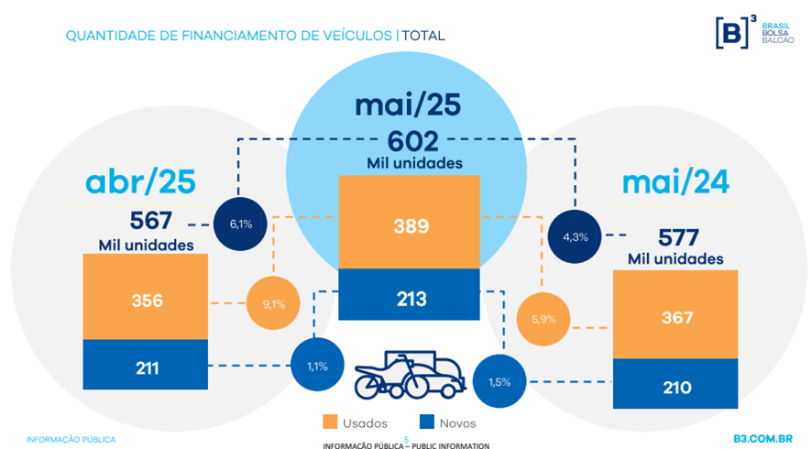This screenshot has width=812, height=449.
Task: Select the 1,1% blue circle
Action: point(317,367)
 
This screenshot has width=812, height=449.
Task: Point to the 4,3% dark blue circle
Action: point(576,236)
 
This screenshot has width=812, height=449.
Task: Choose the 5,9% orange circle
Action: point(543,319)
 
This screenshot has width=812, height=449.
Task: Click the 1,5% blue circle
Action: point(500,380)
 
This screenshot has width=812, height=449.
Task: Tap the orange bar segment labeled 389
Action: point(410,224)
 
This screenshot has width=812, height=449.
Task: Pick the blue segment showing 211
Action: point(146,368)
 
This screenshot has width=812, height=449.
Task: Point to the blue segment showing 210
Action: point(676,386)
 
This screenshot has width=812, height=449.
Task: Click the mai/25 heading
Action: point(408,106)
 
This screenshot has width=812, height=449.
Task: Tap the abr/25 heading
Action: point(140,182)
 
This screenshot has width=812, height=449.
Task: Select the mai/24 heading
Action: point(675,182)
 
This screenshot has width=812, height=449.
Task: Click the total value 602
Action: point(409,141)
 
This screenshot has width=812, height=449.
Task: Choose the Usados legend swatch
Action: point(331,422)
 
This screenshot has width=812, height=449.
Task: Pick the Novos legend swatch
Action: point(425,422)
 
